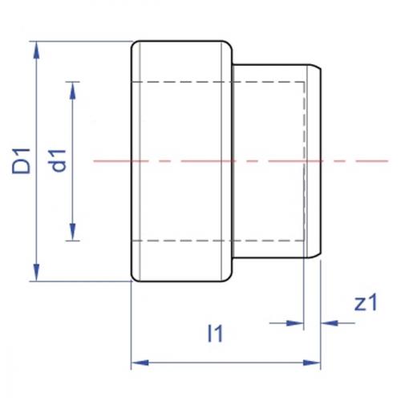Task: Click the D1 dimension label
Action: coord(22,160)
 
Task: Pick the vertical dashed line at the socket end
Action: coord(304,160)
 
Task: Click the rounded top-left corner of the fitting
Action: coord(134,44)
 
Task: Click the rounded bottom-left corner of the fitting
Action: coord(134,277)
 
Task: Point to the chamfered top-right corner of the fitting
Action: coord(317,70)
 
